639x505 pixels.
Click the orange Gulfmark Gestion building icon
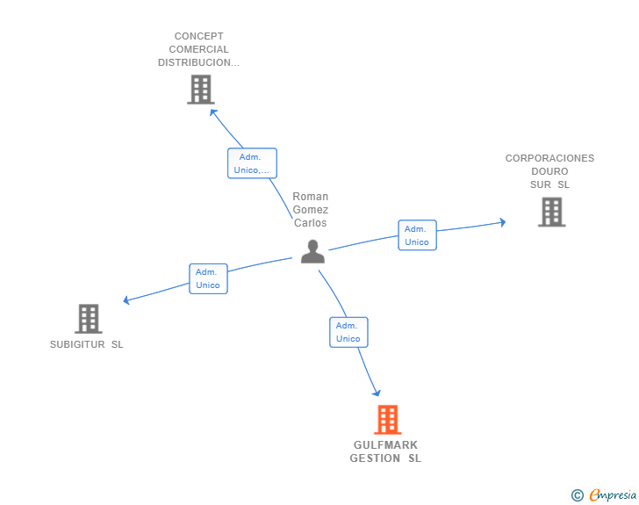(x=388, y=419)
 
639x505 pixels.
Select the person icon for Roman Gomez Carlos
(x=312, y=252)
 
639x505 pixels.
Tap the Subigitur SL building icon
(x=89, y=319)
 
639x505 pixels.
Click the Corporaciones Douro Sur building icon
(x=552, y=212)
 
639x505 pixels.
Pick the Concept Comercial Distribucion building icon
(x=201, y=90)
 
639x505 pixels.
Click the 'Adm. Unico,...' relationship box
(x=252, y=163)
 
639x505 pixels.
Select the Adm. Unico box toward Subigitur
(x=208, y=278)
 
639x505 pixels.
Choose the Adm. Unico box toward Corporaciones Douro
(x=417, y=235)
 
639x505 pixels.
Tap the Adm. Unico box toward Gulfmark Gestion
(x=348, y=332)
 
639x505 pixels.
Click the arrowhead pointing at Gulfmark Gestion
(x=377, y=393)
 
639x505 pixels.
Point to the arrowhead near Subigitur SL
(x=126, y=300)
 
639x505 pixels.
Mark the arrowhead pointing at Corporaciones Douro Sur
(x=503, y=222)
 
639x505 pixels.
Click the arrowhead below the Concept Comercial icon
(x=213, y=112)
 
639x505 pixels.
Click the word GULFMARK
(x=385, y=444)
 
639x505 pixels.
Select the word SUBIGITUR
(x=77, y=344)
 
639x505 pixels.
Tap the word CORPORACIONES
(x=549, y=158)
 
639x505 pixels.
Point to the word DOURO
(x=549, y=171)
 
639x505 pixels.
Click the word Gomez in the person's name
(x=311, y=210)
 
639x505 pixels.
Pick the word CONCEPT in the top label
(x=199, y=36)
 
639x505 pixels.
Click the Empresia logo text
(x=613, y=494)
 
